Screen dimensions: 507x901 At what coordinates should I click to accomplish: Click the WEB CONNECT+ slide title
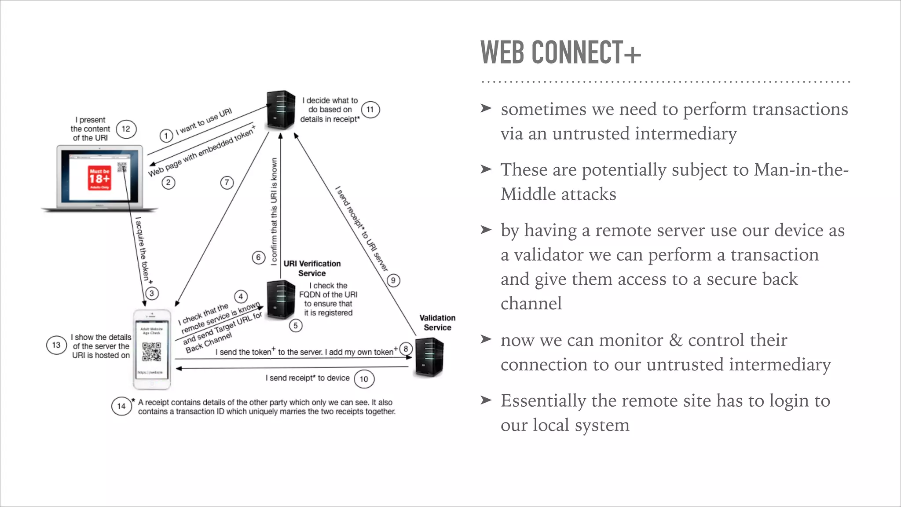(560, 52)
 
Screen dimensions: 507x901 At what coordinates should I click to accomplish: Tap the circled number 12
(126, 129)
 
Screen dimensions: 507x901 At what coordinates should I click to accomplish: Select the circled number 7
(227, 182)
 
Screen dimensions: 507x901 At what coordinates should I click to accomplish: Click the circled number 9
(393, 280)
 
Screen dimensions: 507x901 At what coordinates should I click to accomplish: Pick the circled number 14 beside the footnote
(121, 406)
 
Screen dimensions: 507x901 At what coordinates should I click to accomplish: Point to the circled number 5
(296, 326)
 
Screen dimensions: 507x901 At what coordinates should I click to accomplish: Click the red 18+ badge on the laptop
(99, 179)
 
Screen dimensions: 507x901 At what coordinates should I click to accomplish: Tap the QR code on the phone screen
(151, 352)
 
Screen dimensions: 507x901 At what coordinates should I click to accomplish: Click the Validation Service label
(437, 323)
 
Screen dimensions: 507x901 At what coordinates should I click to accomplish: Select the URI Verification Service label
(312, 268)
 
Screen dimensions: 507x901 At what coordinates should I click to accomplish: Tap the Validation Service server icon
(429, 357)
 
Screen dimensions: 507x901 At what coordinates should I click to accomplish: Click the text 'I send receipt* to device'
(307, 378)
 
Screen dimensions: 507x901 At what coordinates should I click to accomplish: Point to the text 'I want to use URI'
(204, 121)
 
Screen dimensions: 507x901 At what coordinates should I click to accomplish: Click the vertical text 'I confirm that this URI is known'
(274, 211)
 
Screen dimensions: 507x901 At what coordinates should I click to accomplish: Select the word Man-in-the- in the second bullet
(801, 170)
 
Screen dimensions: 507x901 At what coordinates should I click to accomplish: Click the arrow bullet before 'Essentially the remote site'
(486, 400)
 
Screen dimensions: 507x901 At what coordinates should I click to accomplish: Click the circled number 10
(364, 379)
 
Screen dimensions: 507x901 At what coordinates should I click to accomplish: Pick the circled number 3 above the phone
(152, 294)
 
